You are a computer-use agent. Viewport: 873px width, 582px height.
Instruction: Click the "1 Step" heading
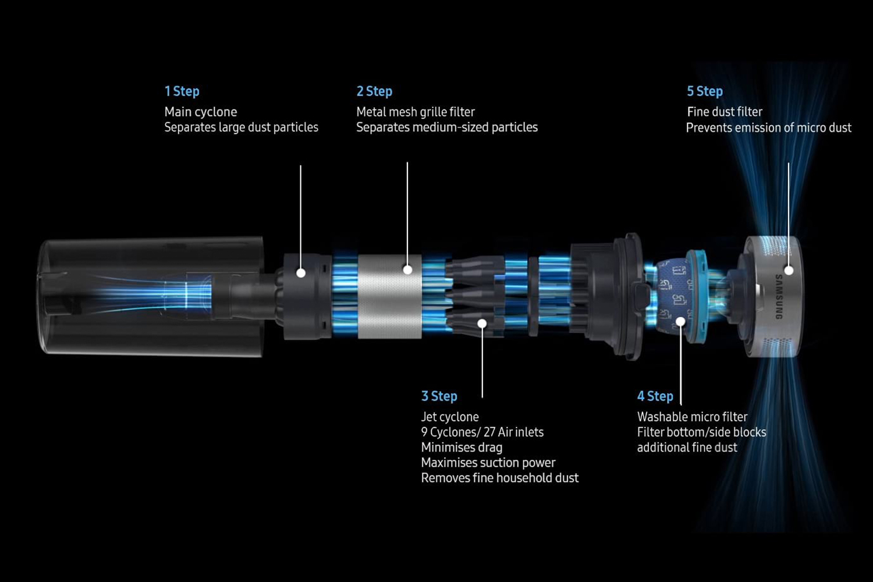(x=182, y=91)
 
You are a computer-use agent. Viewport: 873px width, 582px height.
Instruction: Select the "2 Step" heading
(x=374, y=91)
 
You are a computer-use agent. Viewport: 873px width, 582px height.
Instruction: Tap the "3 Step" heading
(x=439, y=396)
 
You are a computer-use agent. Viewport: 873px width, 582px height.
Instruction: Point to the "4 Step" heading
(x=655, y=396)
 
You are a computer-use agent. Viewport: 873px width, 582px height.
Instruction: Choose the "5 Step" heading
(x=705, y=91)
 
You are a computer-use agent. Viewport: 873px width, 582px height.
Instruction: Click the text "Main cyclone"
(x=201, y=112)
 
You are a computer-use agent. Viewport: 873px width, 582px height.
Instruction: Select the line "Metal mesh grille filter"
(x=416, y=112)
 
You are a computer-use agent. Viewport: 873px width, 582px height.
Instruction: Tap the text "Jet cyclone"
(x=450, y=417)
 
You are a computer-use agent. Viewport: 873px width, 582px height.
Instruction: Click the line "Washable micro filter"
(x=692, y=417)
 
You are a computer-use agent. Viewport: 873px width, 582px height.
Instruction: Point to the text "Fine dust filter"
(x=725, y=112)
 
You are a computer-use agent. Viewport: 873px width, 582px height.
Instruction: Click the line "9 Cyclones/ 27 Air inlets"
(x=482, y=432)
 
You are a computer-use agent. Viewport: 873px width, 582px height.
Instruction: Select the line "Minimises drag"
(x=462, y=448)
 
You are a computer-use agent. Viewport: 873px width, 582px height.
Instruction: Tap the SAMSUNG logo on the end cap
(x=779, y=297)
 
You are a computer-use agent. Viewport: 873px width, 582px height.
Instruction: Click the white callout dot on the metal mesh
(x=407, y=269)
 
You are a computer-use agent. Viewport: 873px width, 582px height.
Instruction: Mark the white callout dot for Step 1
(x=301, y=273)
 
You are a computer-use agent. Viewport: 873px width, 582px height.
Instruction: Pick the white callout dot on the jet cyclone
(x=482, y=324)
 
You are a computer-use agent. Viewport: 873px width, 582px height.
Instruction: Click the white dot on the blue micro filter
(x=680, y=322)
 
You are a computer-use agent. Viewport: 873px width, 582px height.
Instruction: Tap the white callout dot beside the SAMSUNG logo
(x=789, y=270)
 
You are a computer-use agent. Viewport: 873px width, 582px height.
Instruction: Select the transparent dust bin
(x=152, y=297)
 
